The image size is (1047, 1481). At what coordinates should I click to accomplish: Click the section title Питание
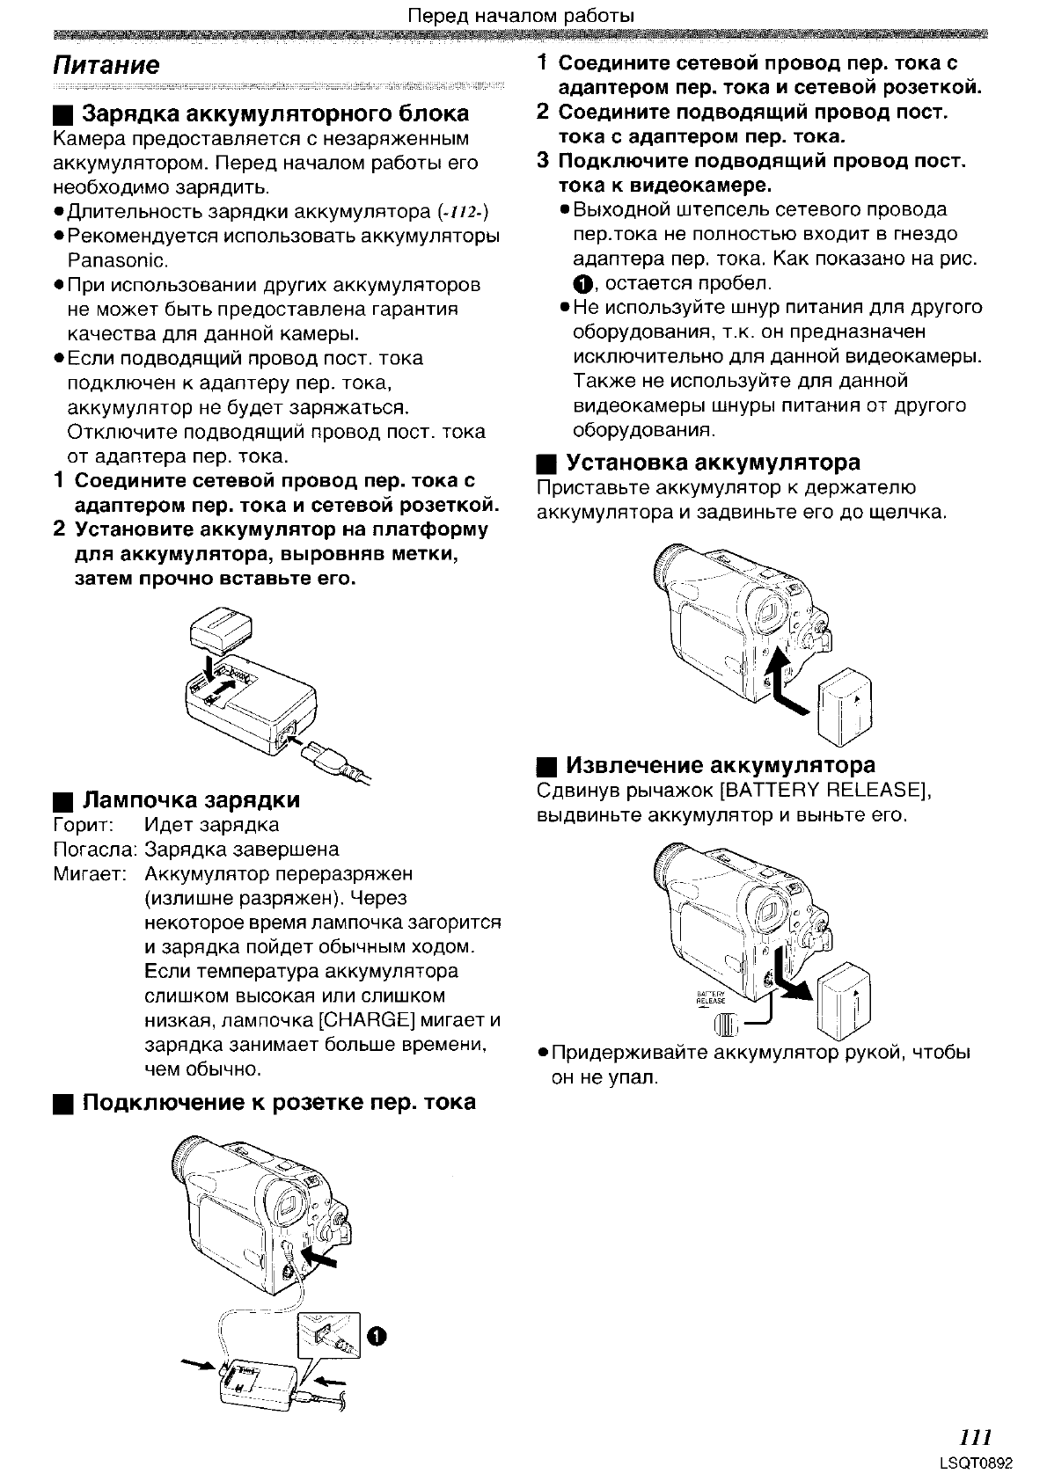106,65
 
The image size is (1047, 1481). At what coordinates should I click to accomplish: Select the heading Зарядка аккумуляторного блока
275,113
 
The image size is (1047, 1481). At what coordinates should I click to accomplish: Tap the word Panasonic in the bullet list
118,261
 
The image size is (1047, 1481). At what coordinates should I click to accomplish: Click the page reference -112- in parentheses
461,212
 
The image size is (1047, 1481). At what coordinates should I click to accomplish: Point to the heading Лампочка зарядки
191,799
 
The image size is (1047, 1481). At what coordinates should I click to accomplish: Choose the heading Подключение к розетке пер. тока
279,1102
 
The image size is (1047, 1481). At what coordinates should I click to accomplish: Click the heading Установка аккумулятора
713,463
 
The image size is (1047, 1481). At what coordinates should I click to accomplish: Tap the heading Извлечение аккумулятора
720,765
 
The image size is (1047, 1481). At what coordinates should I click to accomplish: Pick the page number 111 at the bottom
975,1437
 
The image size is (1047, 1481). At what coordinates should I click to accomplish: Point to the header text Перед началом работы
523,16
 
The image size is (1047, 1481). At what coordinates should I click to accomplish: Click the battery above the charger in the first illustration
221,630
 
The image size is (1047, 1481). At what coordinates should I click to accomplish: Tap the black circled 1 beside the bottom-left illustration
377,1336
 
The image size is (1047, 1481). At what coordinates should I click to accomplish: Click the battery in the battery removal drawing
846,1000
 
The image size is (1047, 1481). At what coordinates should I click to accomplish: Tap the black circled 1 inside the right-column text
582,284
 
